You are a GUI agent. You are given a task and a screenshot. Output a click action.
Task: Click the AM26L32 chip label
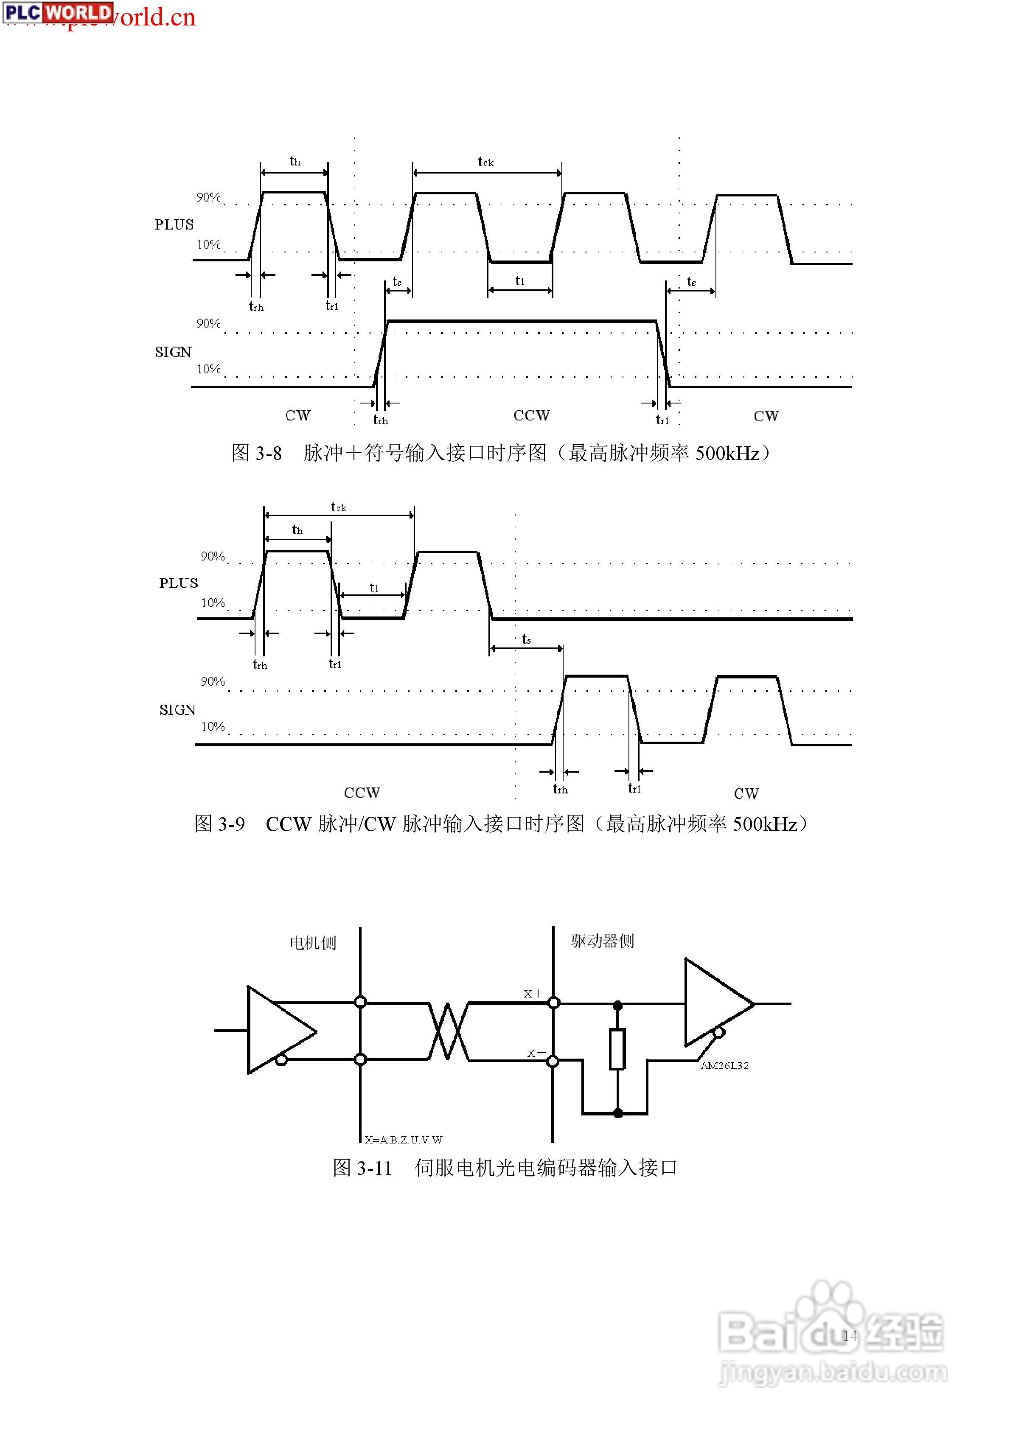click(724, 1065)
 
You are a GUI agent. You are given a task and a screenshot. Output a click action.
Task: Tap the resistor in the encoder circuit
click(617, 1049)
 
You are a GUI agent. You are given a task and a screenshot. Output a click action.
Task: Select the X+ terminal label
click(533, 994)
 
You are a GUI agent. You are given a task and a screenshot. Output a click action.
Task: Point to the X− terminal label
click(536, 1053)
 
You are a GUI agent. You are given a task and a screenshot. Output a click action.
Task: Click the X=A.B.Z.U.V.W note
click(404, 1140)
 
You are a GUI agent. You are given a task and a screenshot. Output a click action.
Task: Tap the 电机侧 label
click(313, 943)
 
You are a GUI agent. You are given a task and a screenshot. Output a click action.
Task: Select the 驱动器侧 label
click(602, 941)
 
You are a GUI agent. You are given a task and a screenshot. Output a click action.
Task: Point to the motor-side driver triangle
click(277, 1030)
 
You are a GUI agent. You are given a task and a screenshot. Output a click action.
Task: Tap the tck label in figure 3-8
click(486, 163)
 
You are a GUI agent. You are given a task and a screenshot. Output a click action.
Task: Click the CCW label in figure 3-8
click(531, 415)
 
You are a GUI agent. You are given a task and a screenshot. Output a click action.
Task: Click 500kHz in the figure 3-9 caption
click(765, 824)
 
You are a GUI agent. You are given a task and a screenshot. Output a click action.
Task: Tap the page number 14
click(849, 1335)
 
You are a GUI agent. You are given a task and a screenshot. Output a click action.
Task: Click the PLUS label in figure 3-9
click(178, 583)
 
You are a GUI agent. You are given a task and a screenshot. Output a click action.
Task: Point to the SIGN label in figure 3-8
click(173, 352)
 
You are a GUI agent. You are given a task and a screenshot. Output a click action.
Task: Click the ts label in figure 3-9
click(526, 639)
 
